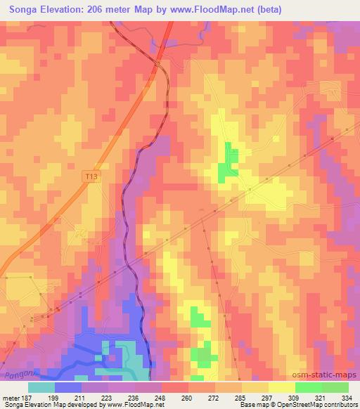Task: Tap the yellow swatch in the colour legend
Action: click(x=281, y=388)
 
